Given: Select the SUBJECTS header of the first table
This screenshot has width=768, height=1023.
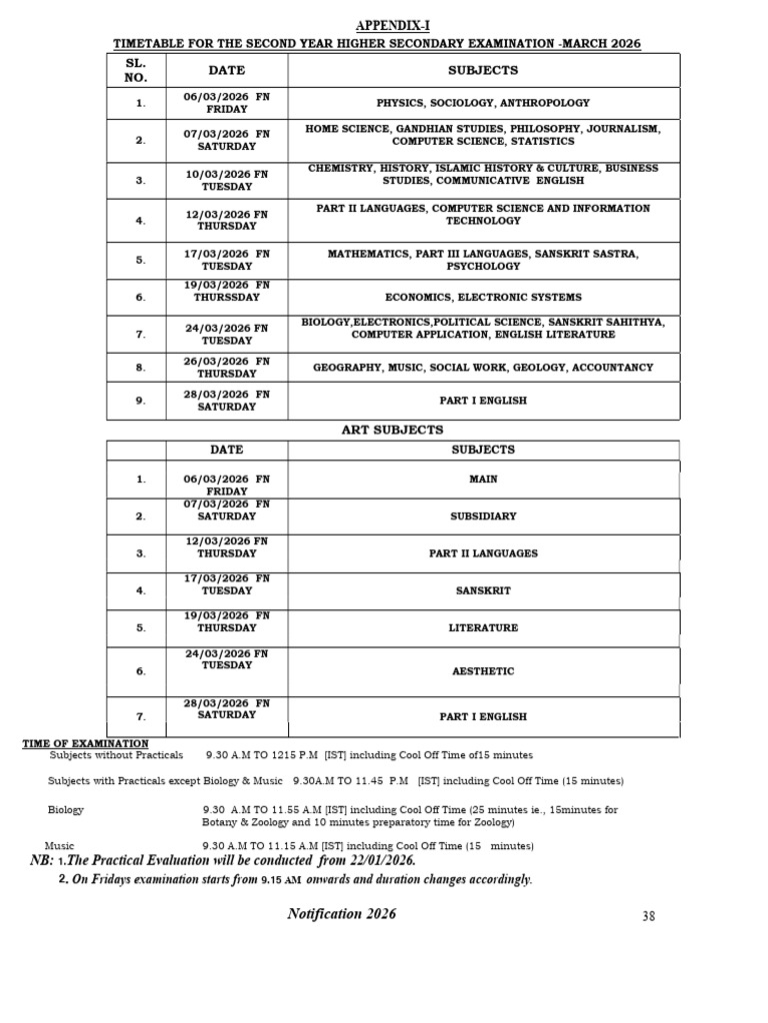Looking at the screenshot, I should (x=484, y=70).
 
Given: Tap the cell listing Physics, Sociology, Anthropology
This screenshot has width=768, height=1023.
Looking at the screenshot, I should (x=483, y=103).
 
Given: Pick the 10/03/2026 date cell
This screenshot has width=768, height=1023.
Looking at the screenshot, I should (x=226, y=180).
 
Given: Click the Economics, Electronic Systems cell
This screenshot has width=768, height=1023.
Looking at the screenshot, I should (x=483, y=298).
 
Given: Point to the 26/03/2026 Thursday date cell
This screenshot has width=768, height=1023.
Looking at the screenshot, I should (x=226, y=368).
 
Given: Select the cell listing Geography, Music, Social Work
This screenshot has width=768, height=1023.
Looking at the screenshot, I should (x=483, y=368).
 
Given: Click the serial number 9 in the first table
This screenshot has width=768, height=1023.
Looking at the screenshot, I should (x=141, y=401).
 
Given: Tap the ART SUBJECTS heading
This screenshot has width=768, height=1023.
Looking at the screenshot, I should (x=393, y=430).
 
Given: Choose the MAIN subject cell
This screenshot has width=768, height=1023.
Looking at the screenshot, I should (x=483, y=480).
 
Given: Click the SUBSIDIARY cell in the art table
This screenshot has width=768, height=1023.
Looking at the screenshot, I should (x=483, y=516).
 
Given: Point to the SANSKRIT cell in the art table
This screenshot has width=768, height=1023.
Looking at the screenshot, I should (x=483, y=590).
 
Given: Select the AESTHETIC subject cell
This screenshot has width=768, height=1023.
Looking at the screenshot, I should (x=483, y=671).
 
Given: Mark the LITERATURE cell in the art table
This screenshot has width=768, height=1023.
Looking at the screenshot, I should (x=483, y=628).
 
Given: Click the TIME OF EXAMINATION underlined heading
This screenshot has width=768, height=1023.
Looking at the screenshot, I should (x=86, y=743).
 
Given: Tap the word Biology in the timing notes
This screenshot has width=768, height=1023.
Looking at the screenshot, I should (x=66, y=809).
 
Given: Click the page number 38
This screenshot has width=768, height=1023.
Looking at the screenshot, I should (x=649, y=917).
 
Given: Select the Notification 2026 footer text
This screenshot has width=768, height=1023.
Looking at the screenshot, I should (x=342, y=914).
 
